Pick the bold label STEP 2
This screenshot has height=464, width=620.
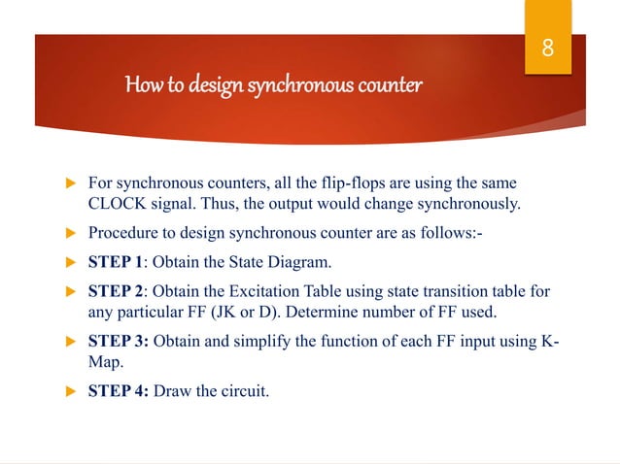point(118,292)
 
